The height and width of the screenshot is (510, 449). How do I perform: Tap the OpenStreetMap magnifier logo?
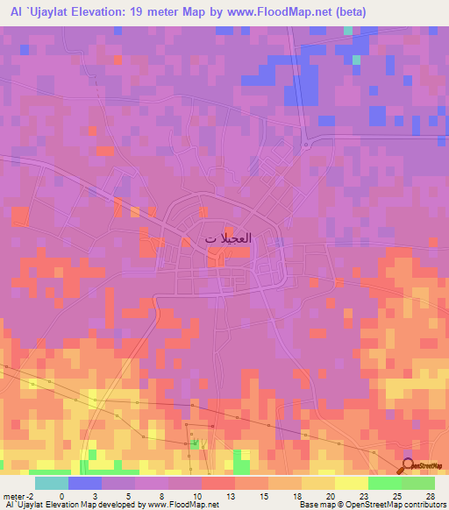pos(410,465)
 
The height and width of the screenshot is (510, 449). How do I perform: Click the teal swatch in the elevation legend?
pos(51,483)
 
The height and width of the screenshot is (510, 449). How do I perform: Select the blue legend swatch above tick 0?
pos(84,483)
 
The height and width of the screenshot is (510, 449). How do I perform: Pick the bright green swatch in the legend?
pos(384,483)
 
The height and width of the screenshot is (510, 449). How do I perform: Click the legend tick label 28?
pos(429,495)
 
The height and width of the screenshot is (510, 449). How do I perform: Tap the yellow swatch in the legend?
pos(351,483)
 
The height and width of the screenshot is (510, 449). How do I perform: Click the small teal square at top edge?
pos(348,31)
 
